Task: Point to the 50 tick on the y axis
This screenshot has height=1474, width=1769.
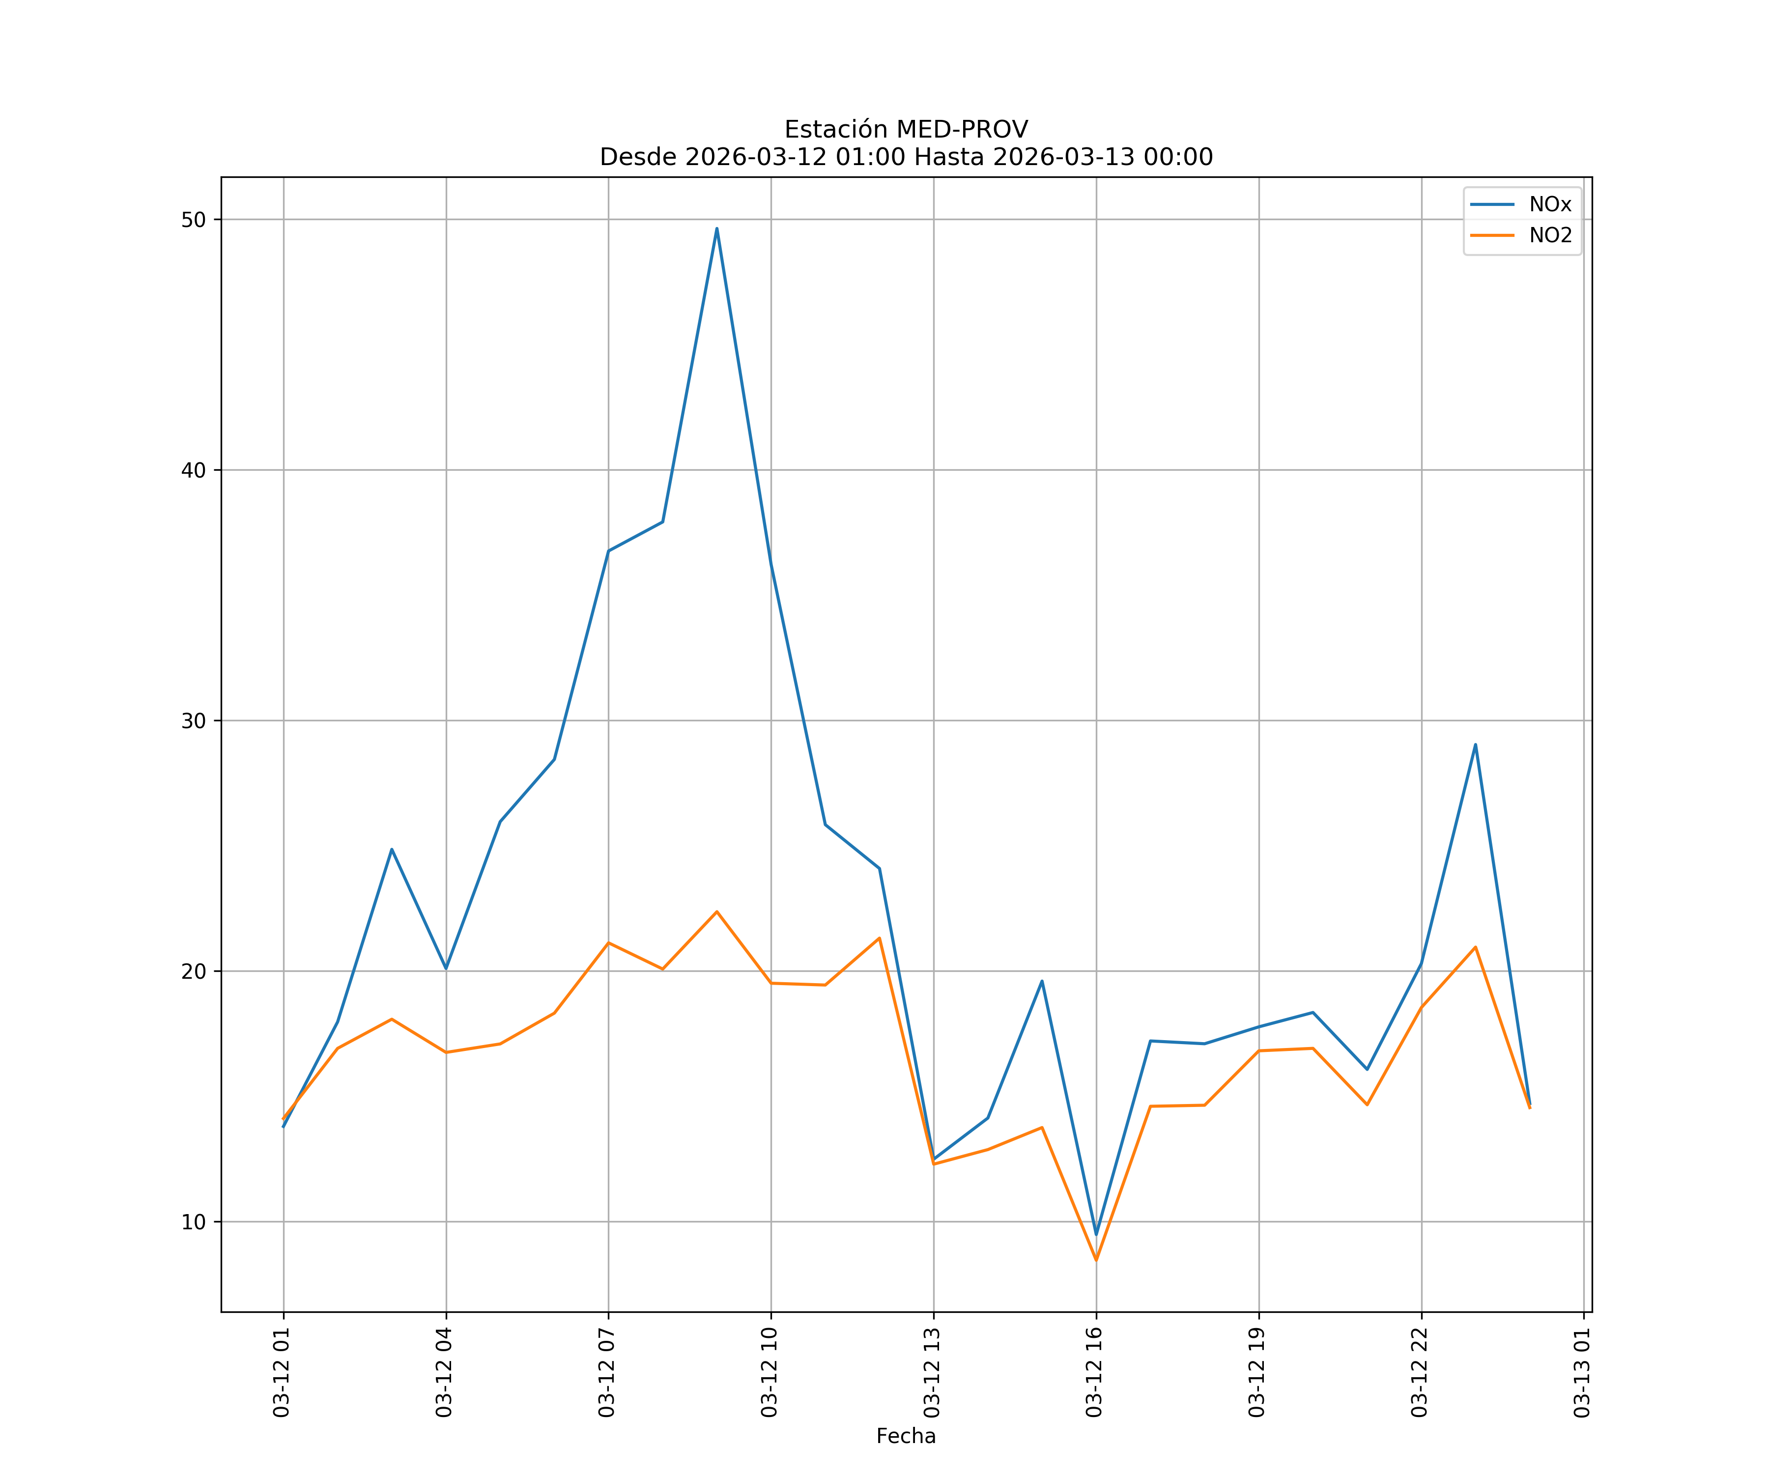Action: pyautogui.click(x=194, y=220)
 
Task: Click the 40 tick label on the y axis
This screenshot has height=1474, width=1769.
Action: pyautogui.click(x=194, y=470)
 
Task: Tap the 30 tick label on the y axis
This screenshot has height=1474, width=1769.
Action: pyautogui.click(x=194, y=721)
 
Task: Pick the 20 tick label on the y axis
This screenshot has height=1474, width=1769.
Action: pyautogui.click(x=194, y=971)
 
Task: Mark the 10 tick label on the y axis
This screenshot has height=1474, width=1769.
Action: pyautogui.click(x=194, y=1222)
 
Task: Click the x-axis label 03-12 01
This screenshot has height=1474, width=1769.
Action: pyautogui.click(x=282, y=1372)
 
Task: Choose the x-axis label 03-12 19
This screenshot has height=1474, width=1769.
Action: pyautogui.click(x=1257, y=1372)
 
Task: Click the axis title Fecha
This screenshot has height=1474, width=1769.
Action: pyautogui.click(x=906, y=1436)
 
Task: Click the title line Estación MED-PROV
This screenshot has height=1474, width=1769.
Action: pyautogui.click(x=906, y=130)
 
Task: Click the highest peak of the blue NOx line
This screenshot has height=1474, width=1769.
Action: pyautogui.click(x=717, y=228)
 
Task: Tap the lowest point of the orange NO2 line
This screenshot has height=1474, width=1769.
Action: pyautogui.click(x=1096, y=1260)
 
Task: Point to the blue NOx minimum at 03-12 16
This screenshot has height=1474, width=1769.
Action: pyautogui.click(x=1096, y=1235)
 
